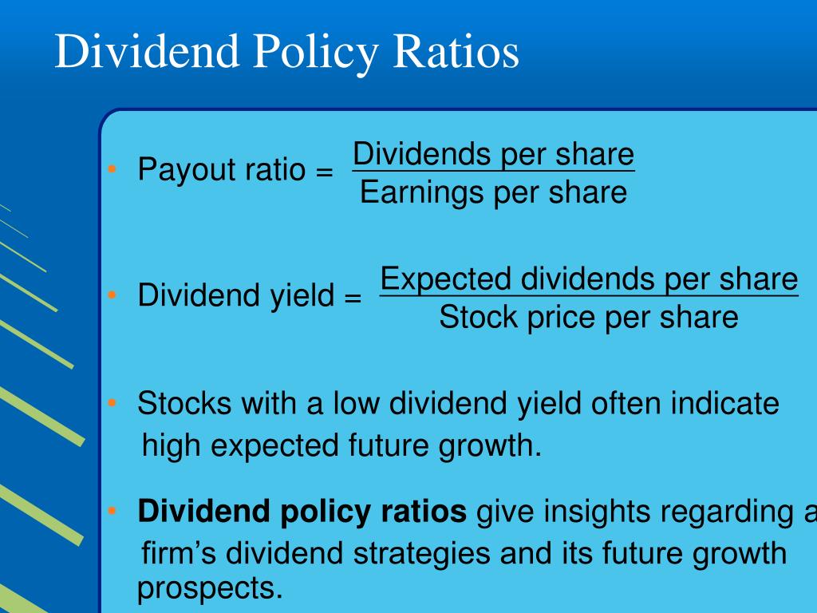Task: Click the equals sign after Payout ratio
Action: pos(324,171)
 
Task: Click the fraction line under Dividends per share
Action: pos(493,171)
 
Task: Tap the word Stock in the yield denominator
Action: pos(478,317)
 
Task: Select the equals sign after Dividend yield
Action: pos(353,297)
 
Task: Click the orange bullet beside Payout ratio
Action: pos(112,169)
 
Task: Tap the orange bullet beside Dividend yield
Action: pos(112,295)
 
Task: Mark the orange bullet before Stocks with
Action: pos(112,403)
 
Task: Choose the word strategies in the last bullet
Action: pos(421,555)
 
